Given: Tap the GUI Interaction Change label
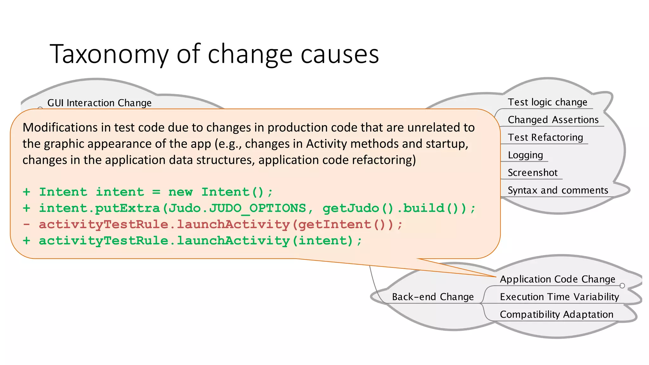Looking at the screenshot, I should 99,103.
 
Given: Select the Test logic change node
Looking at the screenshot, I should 547,102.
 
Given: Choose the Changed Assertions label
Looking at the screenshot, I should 553,120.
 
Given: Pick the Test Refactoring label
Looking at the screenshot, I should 545,138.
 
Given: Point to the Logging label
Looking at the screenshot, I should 525,155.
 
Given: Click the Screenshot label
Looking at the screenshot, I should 532,173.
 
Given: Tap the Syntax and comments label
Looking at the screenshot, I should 558,190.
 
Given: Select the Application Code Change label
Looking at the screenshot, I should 557,279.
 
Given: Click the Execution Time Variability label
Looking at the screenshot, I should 559,297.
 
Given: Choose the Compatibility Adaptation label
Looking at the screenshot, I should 556,314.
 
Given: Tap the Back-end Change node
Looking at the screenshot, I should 433,297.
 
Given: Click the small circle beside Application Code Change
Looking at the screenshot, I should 622,286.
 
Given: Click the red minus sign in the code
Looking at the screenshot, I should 27,224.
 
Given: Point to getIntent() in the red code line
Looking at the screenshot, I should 346,224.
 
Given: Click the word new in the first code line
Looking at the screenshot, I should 180,192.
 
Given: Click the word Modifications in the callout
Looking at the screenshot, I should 60,127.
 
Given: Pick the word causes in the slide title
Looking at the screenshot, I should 339,54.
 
